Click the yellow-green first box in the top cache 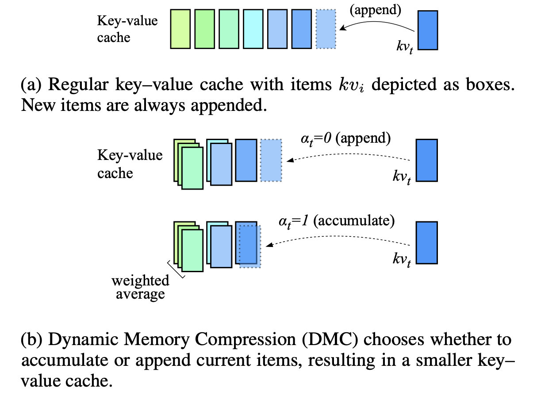pyautogui.click(x=180, y=29)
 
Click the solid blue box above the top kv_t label pyautogui.click(x=427, y=30)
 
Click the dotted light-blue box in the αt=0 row pyautogui.click(x=271, y=160)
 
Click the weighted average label pyautogui.click(x=140, y=287)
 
